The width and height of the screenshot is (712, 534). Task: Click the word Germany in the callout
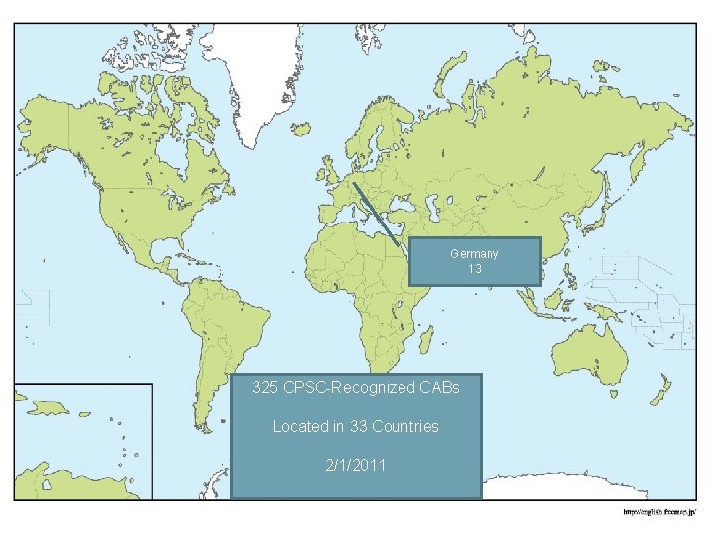click(475, 254)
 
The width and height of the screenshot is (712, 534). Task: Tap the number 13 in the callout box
click(475, 269)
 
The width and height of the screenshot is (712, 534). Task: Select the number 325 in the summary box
click(265, 387)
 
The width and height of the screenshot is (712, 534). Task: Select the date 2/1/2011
click(356, 465)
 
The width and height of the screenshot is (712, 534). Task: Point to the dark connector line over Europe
click(376, 210)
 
